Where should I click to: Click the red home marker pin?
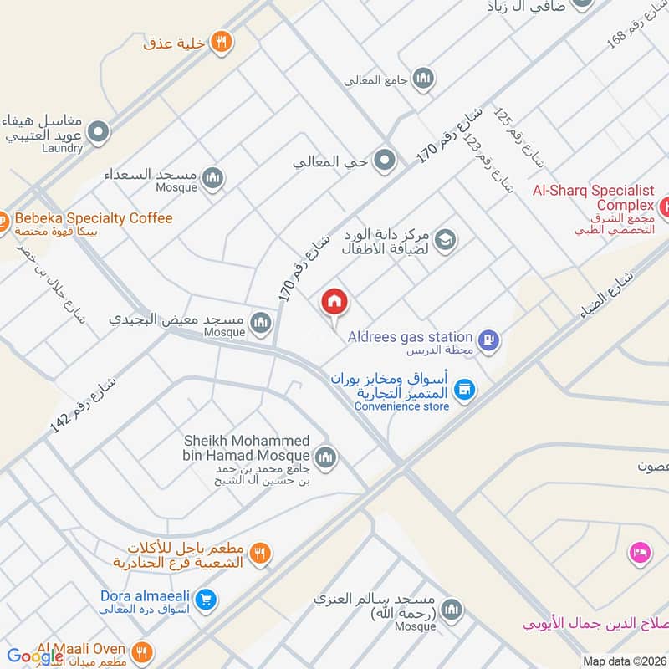pos(335,303)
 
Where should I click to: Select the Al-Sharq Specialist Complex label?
pos(594,197)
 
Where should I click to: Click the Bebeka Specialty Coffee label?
pos(93,218)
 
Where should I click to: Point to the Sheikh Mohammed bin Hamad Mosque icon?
pos(326,457)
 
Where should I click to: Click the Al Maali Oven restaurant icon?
pos(143,651)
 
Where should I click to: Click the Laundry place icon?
pos(100,131)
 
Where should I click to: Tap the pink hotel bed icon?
pos(641,553)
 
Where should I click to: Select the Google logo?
pos(35,656)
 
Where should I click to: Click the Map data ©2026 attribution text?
pos(624,661)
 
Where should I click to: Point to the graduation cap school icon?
pos(446,241)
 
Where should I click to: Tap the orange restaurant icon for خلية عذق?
pos(221,42)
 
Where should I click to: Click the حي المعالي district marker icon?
pos(385,159)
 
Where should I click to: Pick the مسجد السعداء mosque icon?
pos(213,177)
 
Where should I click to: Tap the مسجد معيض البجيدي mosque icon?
pos(262,322)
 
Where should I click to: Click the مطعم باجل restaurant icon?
pos(260,554)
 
